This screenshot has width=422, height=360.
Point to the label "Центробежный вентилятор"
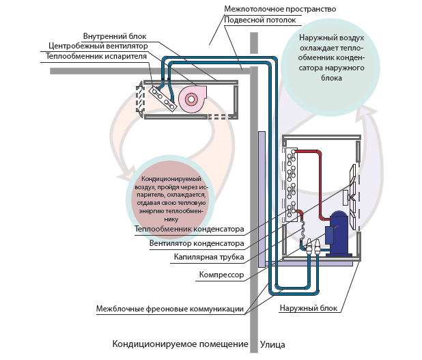(98, 46)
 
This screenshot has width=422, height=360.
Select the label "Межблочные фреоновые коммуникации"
(170, 309)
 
